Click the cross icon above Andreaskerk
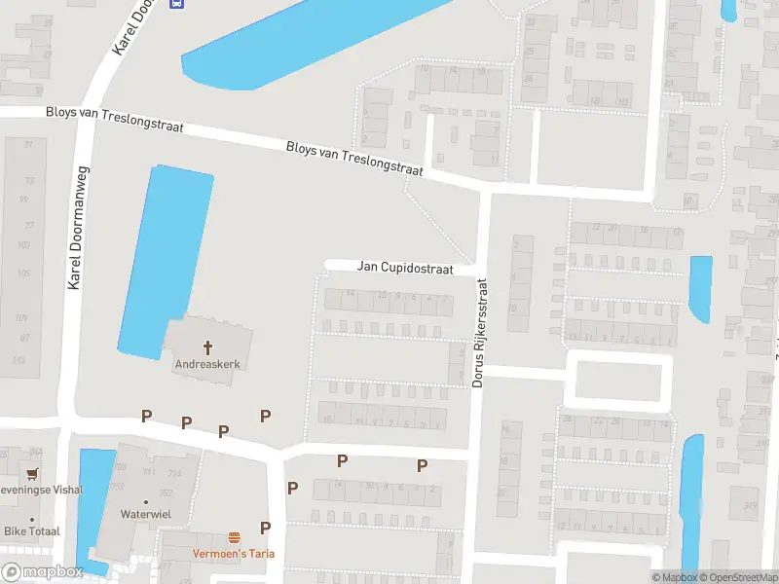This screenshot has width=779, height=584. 206,347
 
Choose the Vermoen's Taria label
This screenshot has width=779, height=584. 234,554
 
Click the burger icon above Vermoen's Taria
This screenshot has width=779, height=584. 234,537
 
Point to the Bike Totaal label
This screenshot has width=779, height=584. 32,530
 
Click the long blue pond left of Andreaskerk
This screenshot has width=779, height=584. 164,258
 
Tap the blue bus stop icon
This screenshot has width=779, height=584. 176,3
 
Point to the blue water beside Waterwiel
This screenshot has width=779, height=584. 93,506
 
